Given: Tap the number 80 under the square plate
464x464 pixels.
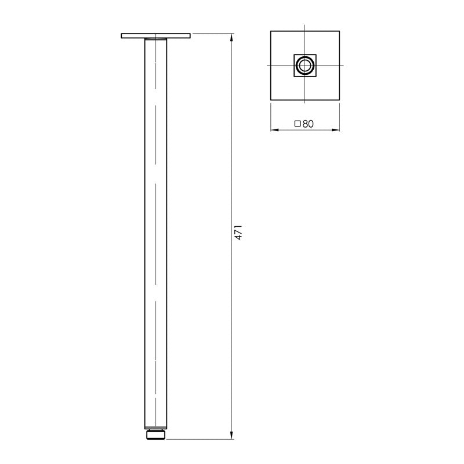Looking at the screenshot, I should (x=307, y=123).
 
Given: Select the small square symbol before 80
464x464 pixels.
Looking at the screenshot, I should (x=298, y=123).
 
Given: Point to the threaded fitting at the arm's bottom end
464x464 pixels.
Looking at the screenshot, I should (x=155, y=433).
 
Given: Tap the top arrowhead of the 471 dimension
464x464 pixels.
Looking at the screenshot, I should (x=232, y=37).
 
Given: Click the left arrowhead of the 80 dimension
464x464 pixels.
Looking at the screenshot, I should (x=274, y=129).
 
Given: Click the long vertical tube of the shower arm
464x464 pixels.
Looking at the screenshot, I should (x=155, y=232).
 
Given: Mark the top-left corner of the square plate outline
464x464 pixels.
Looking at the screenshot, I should (x=271, y=30).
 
